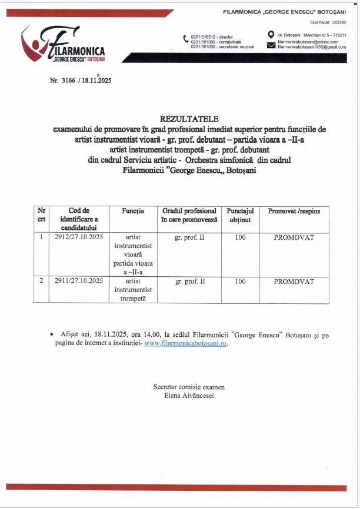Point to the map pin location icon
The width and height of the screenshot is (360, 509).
[271, 35]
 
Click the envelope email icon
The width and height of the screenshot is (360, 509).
[271, 45]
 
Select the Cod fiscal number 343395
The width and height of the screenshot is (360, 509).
[339, 22]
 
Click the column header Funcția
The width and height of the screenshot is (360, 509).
[133, 211]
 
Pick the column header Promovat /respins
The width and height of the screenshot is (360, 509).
[294, 211]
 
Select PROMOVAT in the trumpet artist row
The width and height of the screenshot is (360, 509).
[294, 282]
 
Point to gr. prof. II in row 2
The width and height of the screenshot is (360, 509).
[189, 282]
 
